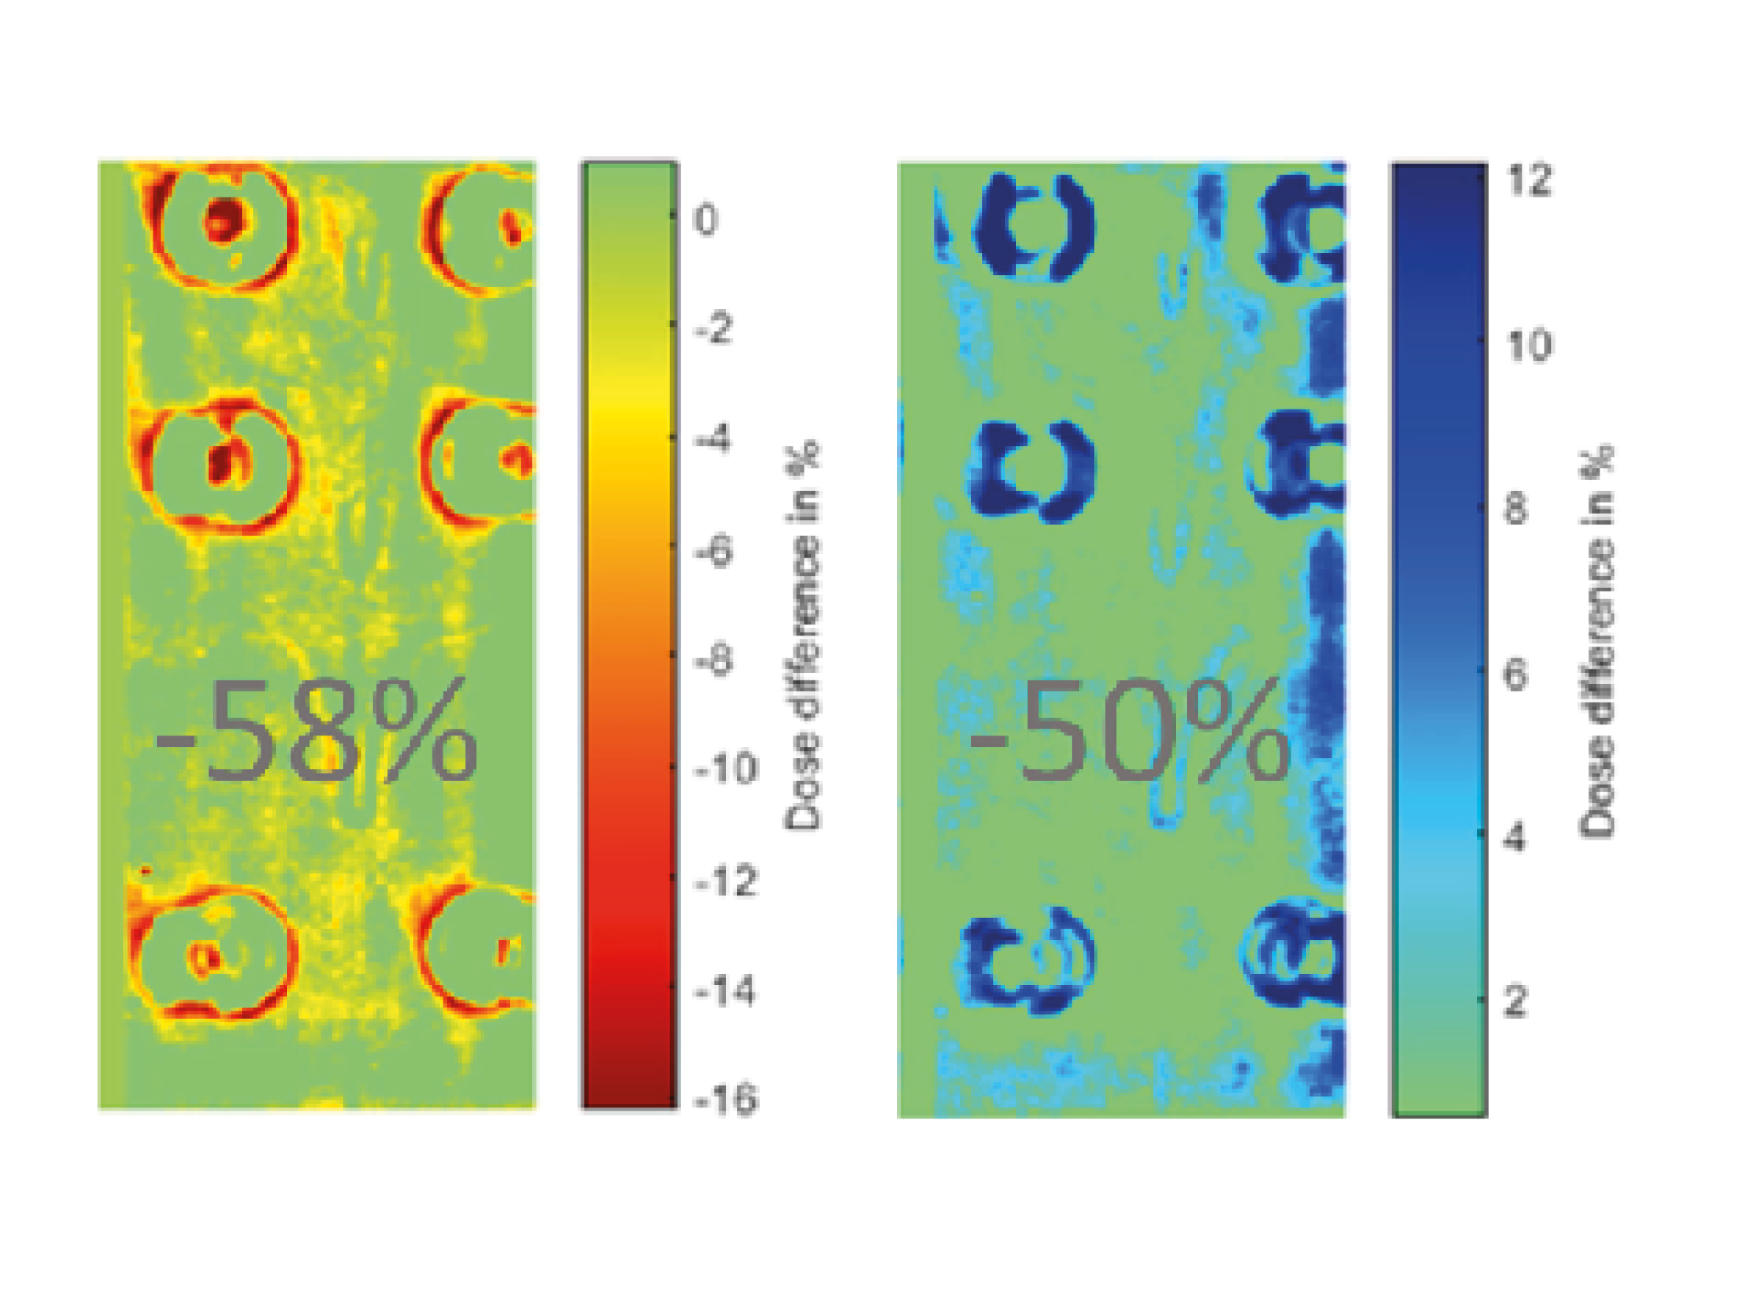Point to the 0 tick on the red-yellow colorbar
coord(706,219)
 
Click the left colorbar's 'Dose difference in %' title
coord(803,634)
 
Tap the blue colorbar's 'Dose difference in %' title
coord(1597,641)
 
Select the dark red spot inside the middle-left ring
coord(224,463)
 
